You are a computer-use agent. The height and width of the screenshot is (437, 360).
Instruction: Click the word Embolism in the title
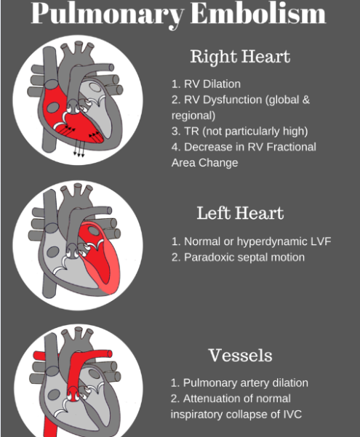[258, 13]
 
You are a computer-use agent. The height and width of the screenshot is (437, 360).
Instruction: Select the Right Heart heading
[240, 57]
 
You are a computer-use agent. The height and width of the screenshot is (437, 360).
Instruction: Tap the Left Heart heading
[240, 213]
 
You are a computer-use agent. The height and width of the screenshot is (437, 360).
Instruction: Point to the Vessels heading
[240, 356]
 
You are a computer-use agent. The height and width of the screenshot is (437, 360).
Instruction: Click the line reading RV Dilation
[206, 84]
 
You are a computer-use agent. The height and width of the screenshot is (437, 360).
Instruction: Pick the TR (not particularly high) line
[240, 132]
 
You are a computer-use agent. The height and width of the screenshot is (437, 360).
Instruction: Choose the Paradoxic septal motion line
[238, 257]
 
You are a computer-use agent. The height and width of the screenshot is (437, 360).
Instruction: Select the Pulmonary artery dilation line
[239, 383]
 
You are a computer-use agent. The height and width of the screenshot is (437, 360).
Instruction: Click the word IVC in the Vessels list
[292, 414]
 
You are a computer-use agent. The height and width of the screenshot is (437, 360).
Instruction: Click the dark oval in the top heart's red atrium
[52, 108]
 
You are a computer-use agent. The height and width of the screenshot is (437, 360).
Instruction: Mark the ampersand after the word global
[306, 100]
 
